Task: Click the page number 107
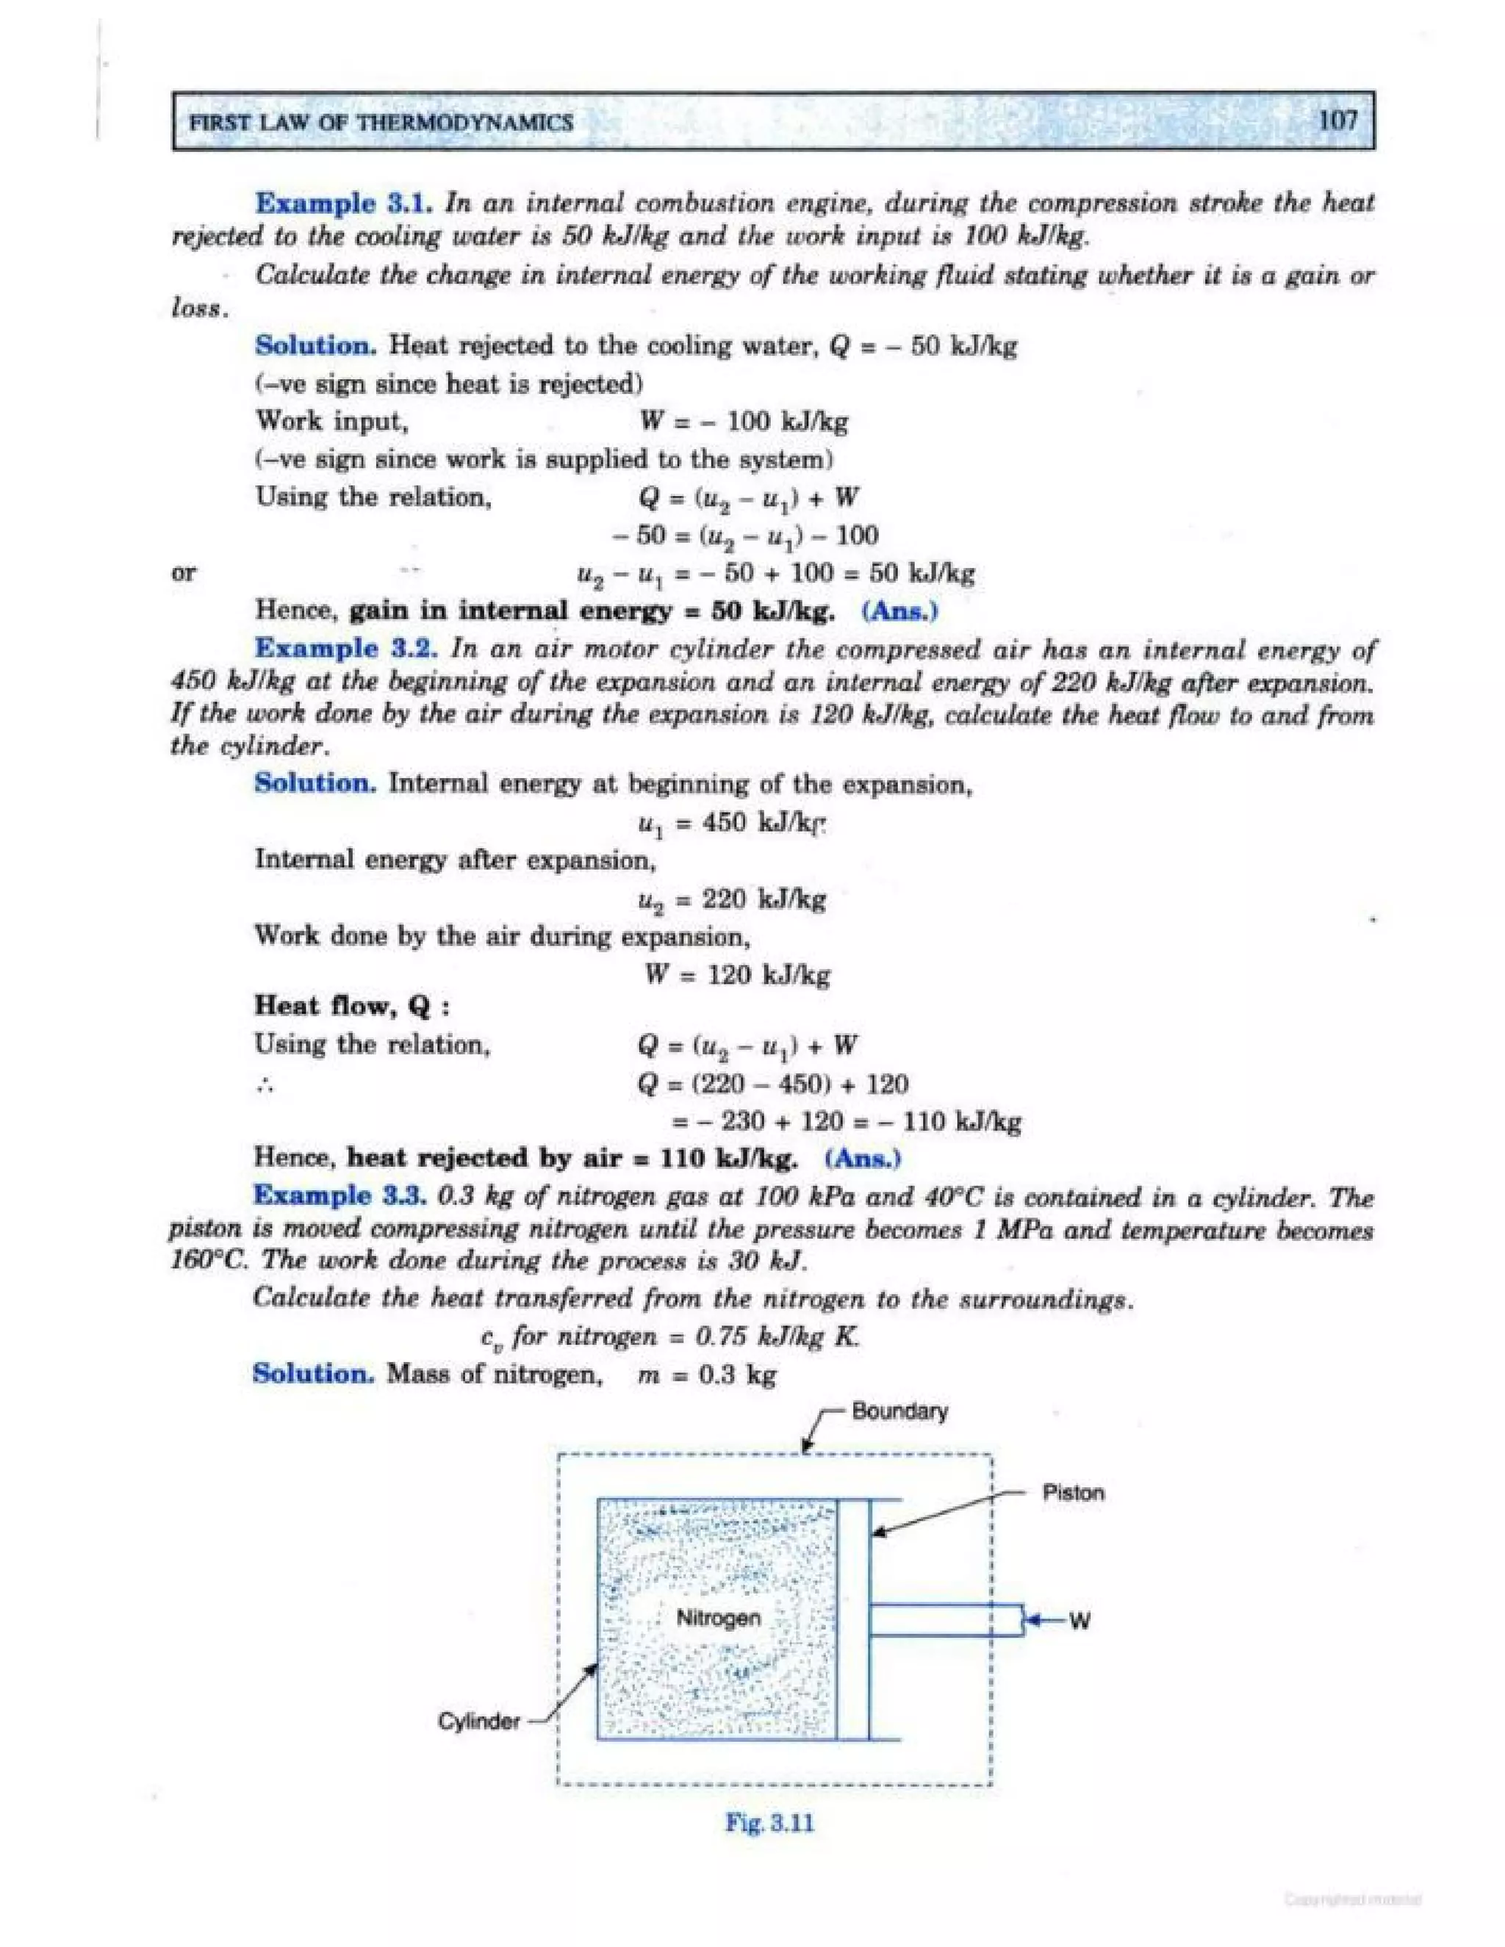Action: tap(1337, 120)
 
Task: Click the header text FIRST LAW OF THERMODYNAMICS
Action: tap(380, 122)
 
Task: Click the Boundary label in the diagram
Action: tap(899, 1411)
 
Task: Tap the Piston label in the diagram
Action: tap(1073, 1493)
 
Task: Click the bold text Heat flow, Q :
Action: tap(351, 1007)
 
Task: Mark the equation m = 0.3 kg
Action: tap(707, 1374)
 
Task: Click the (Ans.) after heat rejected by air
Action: tap(862, 1158)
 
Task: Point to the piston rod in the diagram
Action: tap(945, 1620)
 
